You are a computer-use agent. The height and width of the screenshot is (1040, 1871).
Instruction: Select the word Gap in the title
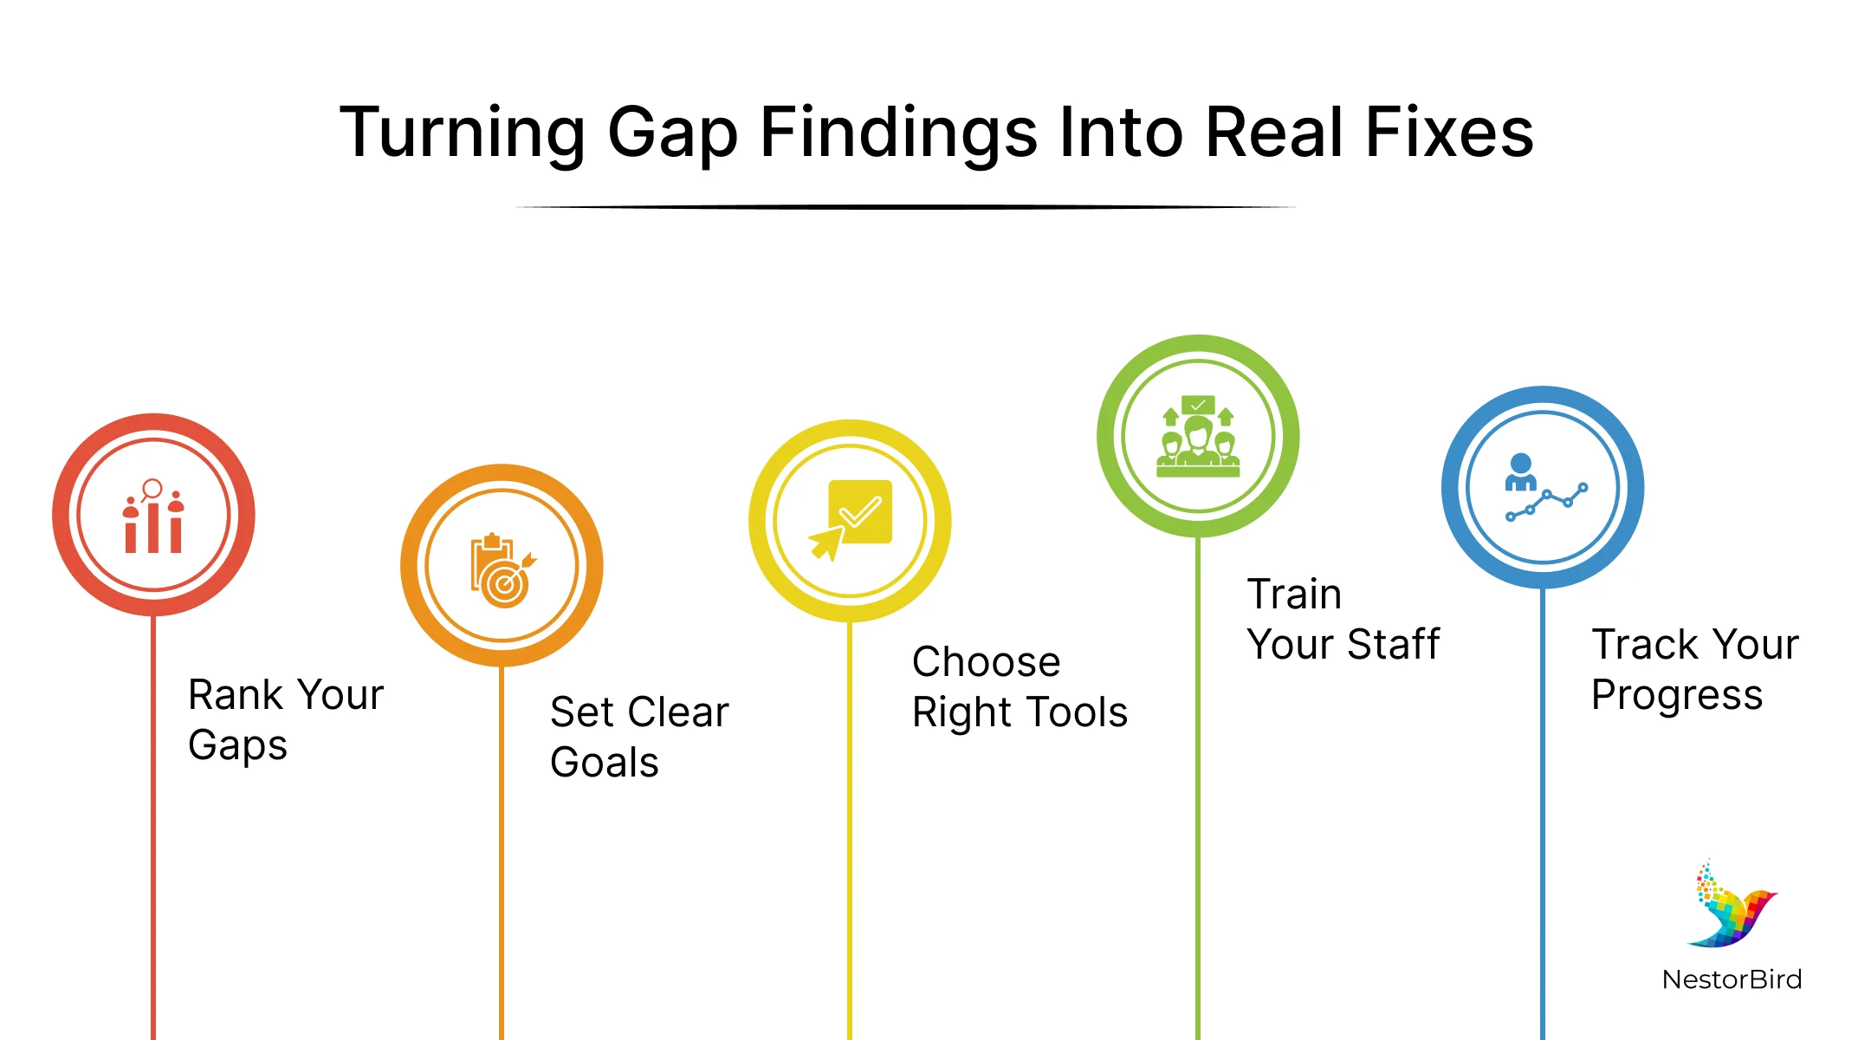tap(673, 135)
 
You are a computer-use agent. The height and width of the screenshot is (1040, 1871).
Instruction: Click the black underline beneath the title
tap(905, 207)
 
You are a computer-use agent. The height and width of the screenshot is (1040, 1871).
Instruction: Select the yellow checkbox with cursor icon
tap(851, 520)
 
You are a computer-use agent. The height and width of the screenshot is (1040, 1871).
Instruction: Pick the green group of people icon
tap(1198, 436)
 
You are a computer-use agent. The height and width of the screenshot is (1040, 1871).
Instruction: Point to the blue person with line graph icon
tap(1545, 487)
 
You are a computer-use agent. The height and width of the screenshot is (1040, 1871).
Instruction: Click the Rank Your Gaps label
tap(286, 719)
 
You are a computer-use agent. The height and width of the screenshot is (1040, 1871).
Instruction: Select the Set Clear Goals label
tap(639, 737)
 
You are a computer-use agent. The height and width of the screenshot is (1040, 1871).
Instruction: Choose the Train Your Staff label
tap(1343, 619)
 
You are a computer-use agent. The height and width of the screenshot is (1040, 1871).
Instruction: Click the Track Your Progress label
tap(1695, 669)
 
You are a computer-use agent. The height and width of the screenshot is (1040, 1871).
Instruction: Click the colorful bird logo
tap(1732, 904)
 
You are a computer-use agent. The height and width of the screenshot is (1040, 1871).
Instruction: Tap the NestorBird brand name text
tap(1732, 979)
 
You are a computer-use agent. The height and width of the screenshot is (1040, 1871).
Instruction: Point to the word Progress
tap(1677, 695)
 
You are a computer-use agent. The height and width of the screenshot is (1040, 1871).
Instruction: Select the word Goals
tap(605, 762)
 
